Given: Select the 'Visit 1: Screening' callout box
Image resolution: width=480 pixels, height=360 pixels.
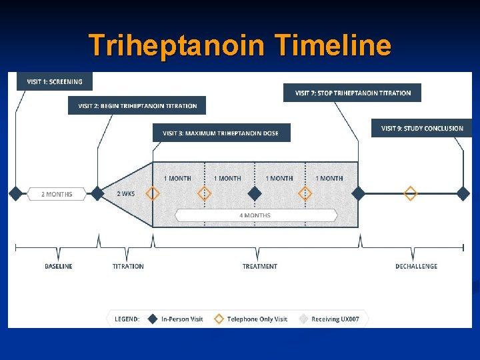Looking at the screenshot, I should (55, 81).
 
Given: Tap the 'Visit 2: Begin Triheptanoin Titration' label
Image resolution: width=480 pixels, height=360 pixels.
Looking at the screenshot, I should (137, 105).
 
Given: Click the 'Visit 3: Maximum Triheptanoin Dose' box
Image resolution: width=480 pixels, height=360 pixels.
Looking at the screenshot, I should (220, 133).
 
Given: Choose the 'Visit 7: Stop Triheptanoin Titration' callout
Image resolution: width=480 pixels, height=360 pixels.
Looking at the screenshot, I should (353, 93).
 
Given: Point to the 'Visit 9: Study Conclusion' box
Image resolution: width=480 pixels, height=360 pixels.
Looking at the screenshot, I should (421, 128).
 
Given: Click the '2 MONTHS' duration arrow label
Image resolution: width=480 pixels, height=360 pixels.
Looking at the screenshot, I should (57, 194).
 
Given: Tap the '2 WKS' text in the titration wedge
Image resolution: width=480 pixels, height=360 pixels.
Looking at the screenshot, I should (126, 194).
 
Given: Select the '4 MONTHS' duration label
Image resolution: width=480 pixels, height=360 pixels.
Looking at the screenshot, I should (255, 215).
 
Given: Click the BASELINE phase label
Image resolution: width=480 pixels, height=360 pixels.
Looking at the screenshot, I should (59, 266).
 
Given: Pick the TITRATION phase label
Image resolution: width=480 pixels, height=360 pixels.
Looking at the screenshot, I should (128, 266).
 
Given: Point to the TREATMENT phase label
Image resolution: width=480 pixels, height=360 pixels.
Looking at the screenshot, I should (260, 266).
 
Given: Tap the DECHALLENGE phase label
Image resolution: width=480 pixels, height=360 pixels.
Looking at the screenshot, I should (416, 266).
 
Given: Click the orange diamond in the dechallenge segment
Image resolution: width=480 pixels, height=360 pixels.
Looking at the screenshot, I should (411, 193).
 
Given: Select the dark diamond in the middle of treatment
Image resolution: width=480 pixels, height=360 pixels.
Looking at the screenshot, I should (254, 193).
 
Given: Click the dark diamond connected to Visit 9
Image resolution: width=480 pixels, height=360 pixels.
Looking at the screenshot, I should (463, 193).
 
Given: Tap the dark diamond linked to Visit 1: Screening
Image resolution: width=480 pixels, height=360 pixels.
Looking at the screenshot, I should (16, 193).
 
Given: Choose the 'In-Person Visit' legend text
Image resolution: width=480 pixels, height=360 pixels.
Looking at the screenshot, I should (182, 319).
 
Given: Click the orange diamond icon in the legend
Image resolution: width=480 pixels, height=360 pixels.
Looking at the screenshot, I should (218, 319).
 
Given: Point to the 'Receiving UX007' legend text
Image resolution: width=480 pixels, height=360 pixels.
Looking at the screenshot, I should (335, 319).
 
